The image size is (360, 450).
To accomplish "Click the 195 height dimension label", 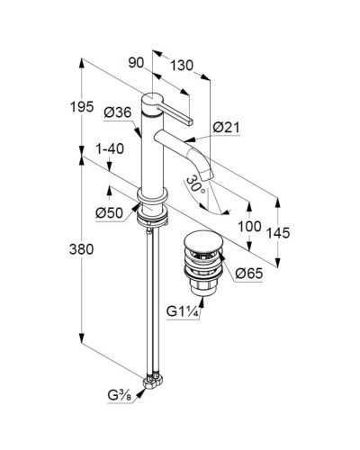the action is coord(82,107).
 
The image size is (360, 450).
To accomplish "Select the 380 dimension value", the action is coord(81,249).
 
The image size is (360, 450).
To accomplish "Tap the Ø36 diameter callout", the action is coord(118,112).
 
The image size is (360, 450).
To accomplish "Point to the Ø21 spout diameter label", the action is coord(227,128).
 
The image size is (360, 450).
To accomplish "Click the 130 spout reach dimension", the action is coord(182,66).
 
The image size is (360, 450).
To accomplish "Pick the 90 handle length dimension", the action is coord(136,63).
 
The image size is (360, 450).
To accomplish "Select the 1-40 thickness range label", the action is coord(110,149).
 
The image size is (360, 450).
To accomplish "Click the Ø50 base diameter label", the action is coord(110,213).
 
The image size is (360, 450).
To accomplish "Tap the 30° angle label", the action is coord(196,185).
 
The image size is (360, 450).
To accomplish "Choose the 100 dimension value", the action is coord(249,226).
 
